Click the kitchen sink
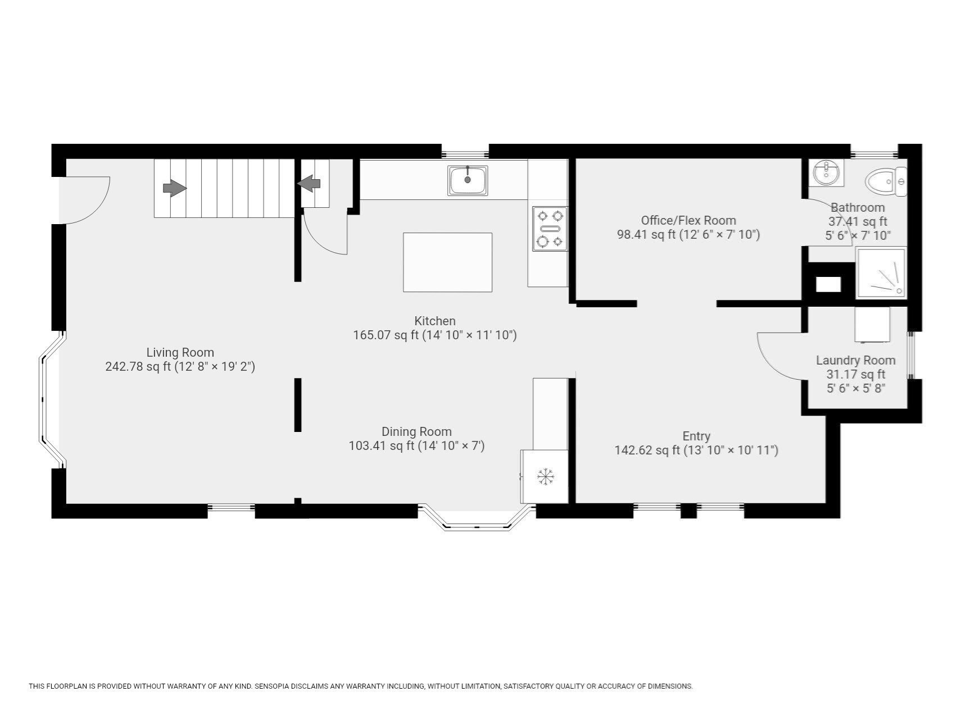click(468, 180)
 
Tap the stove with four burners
click(550, 229)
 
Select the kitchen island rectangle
click(447, 262)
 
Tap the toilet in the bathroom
click(886, 181)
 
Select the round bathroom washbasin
click(826, 172)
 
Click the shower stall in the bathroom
click(881, 273)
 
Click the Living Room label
click(180, 353)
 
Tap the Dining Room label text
click(416, 432)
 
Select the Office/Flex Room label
click(688, 221)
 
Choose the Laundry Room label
click(855, 361)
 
